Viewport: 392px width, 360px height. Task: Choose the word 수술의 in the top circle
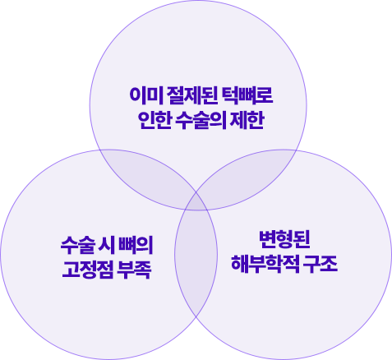pyautogui.click(x=200, y=120)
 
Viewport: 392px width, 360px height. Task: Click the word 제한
pyautogui.click(x=247, y=120)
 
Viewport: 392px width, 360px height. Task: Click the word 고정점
pyautogui.click(x=87, y=270)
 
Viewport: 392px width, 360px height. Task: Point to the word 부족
pyautogui.click(x=135, y=270)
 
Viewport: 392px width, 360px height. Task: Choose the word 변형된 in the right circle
pyautogui.click(x=284, y=239)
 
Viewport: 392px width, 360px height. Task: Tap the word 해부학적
pyautogui.click(x=265, y=265)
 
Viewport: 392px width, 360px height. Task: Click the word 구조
pyautogui.click(x=321, y=265)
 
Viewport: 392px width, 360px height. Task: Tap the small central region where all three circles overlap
pyautogui.click(x=196, y=202)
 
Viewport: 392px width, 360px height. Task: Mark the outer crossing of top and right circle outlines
pyautogui.click(x=296, y=150)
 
